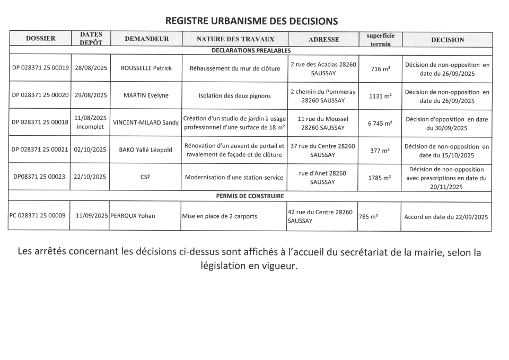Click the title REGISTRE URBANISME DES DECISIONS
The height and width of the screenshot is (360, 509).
pyautogui.click(x=251, y=21)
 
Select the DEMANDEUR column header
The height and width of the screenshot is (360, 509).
pyautogui.click(x=146, y=39)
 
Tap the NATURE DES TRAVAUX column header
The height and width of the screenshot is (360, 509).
pyautogui.click(x=235, y=39)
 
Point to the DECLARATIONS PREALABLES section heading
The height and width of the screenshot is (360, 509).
pyautogui.click(x=251, y=51)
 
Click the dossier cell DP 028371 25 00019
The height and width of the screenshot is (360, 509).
pyautogui.click(x=40, y=68)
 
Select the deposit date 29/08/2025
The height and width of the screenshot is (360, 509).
pyautogui.click(x=91, y=95)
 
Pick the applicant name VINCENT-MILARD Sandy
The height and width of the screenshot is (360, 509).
pyautogui.click(x=146, y=122)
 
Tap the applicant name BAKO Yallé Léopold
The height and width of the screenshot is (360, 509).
pyautogui.click(x=146, y=150)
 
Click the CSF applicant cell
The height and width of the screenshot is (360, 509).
pyautogui.click(x=145, y=177)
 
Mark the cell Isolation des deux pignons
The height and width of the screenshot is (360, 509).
pyautogui.click(x=234, y=96)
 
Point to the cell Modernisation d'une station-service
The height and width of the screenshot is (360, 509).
pyautogui.click(x=234, y=178)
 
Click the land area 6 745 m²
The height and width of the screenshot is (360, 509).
pyautogui.click(x=380, y=123)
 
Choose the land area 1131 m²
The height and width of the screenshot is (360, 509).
pyautogui.click(x=380, y=96)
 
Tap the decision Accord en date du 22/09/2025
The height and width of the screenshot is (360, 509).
pyautogui.click(x=446, y=217)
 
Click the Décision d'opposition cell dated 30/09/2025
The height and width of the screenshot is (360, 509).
pyautogui.click(x=446, y=124)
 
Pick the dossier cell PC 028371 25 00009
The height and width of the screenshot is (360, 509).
pyautogui.click(x=38, y=216)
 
